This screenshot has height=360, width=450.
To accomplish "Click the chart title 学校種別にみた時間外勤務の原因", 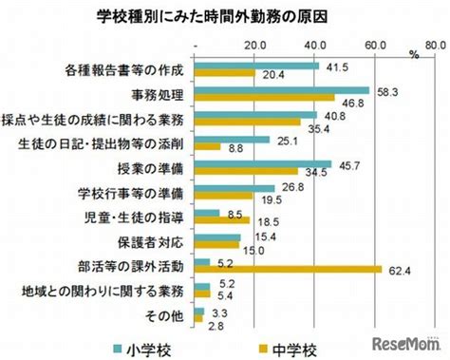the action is click(212, 17).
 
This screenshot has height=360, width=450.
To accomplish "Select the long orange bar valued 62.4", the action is click(288, 270).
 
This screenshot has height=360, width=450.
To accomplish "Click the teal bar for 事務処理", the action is click(282, 90).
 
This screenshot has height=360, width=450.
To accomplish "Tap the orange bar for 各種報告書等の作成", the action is click(225, 73).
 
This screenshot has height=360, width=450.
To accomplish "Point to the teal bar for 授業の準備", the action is click(263, 164).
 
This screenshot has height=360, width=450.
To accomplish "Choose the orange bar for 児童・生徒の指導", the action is click(222, 220).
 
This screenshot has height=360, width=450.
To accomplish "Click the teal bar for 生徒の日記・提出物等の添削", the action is click(232, 140).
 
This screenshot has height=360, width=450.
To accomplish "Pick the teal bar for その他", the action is click(199, 312).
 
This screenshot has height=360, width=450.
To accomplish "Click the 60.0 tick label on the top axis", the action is click(375, 46).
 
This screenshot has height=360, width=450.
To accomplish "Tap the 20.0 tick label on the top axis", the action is click(254, 46).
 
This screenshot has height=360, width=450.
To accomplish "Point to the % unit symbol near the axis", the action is click(414, 55).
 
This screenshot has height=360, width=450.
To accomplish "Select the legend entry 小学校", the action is click(142, 350).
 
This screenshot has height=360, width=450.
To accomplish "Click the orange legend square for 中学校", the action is click(263, 349).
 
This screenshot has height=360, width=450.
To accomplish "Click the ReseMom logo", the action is click(407, 344).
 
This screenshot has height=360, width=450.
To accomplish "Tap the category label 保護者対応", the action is click(151, 243).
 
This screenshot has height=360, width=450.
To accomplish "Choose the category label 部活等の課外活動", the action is click(131, 267).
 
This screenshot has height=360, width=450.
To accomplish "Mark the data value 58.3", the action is click(387, 92).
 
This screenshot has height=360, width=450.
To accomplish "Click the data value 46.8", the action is click(353, 104).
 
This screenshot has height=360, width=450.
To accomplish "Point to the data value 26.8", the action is click(293, 187).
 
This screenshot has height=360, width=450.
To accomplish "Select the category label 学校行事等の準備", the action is click(131, 194).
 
